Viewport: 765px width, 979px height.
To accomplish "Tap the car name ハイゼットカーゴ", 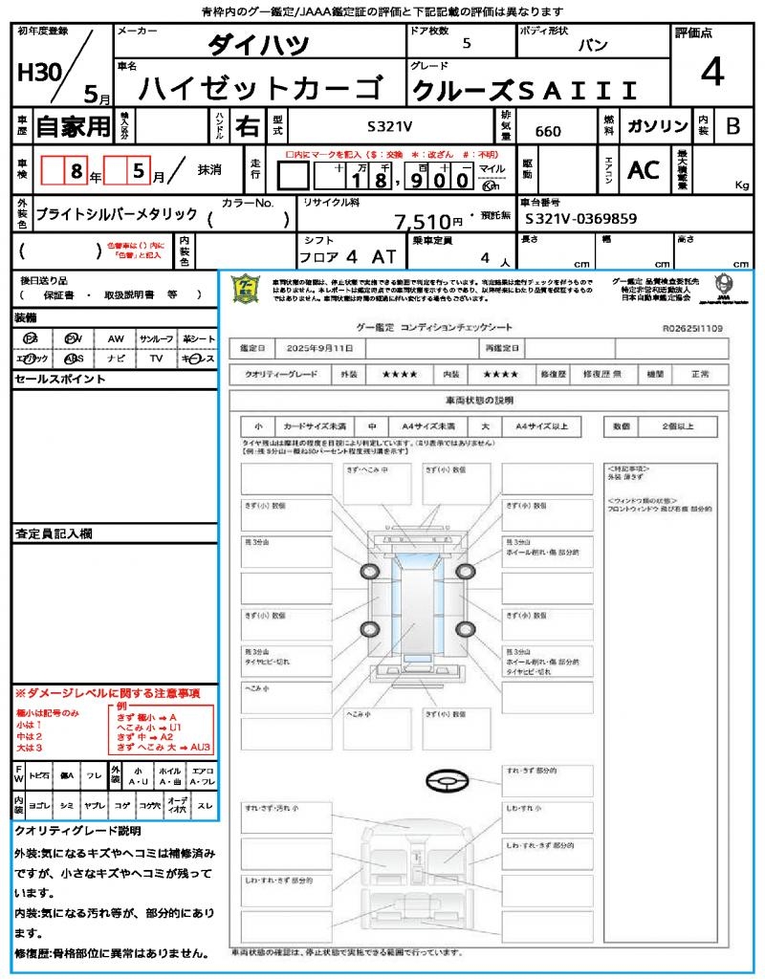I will [x=258, y=89].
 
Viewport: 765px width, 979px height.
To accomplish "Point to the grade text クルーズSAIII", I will [x=524, y=91].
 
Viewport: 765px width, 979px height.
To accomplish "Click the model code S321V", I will [x=390, y=126].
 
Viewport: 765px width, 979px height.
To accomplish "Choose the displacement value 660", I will [x=548, y=131].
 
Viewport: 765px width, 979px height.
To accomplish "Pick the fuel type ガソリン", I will [x=657, y=126].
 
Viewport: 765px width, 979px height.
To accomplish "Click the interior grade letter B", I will [x=732, y=126].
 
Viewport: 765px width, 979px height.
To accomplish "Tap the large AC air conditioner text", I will [x=644, y=170].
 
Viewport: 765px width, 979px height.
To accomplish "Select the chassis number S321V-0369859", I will [x=580, y=219].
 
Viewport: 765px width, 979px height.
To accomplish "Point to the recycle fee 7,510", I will [x=422, y=222].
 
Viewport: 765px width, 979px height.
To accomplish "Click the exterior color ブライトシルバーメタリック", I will [x=116, y=215].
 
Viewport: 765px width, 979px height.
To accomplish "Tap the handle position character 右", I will [x=247, y=126].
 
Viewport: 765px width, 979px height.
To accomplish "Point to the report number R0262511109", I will [x=691, y=328].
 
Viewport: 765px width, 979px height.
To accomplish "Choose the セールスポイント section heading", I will [x=60, y=380].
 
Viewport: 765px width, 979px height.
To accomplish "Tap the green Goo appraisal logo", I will [x=247, y=288].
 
